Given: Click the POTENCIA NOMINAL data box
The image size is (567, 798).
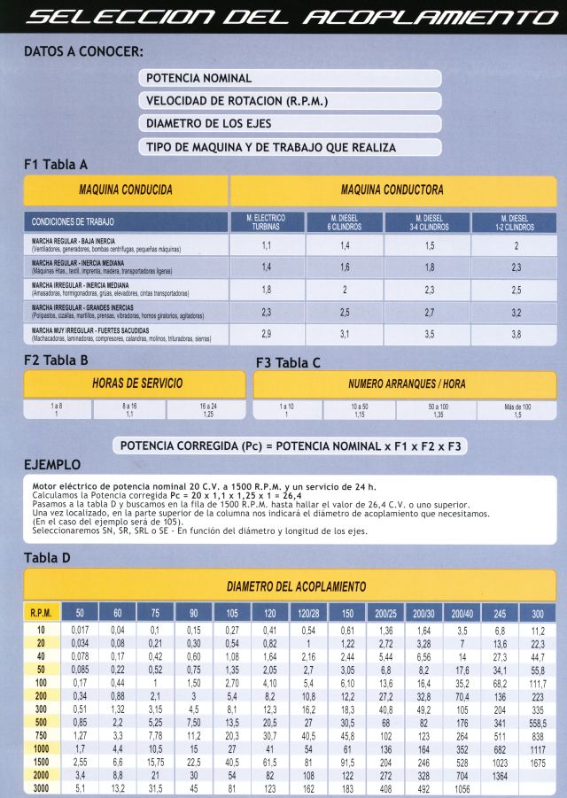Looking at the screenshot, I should click(x=290, y=79).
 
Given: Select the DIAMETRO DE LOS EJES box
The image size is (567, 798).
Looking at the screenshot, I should click(x=290, y=124).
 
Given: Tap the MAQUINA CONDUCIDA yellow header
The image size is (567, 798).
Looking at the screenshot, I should click(x=126, y=190).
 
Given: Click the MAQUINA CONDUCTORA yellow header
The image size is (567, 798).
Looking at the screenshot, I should click(x=392, y=190).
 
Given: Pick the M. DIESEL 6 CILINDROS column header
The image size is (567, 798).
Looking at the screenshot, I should click(x=345, y=221).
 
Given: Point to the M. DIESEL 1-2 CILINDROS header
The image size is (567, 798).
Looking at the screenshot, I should click(x=515, y=221).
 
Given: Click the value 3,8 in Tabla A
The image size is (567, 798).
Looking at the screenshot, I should click(x=515, y=334).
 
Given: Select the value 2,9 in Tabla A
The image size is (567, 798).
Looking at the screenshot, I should click(x=266, y=334).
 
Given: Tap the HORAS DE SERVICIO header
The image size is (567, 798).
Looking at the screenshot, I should click(x=134, y=384).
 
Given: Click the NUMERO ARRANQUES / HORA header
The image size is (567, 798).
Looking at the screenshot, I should click(x=405, y=384).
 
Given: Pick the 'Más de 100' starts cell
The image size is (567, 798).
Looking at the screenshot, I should click(x=517, y=409).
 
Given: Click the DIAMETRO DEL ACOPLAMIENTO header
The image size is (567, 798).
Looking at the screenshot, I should click(x=297, y=586).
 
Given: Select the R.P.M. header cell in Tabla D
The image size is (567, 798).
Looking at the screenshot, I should click(x=40, y=613).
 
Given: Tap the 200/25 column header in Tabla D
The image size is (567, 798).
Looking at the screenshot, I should click(x=386, y=613).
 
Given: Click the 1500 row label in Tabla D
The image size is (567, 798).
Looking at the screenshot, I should click(x=40, y=761).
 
